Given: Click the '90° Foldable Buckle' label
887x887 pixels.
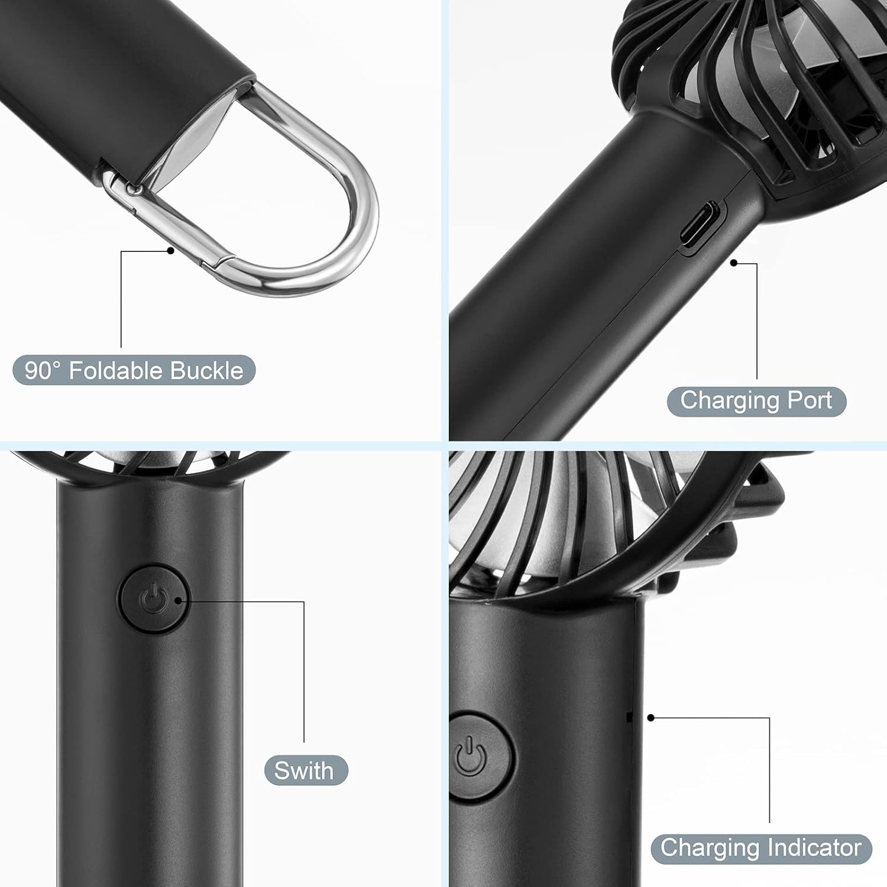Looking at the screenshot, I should point(134,371).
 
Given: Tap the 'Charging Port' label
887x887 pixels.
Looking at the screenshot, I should point(756,401).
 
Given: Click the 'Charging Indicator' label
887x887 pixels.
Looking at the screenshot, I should point(760,848).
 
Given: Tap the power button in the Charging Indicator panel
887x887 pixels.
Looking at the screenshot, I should point(480,756).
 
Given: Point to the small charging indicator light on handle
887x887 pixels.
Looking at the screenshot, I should point(629,717).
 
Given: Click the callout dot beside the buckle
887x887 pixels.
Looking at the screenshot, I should point(170,251).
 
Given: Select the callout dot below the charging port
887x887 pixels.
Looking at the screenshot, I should point(734,263).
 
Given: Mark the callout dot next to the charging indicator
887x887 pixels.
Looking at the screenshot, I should point(650,718).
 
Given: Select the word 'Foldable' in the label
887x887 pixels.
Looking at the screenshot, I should point(116,371).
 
